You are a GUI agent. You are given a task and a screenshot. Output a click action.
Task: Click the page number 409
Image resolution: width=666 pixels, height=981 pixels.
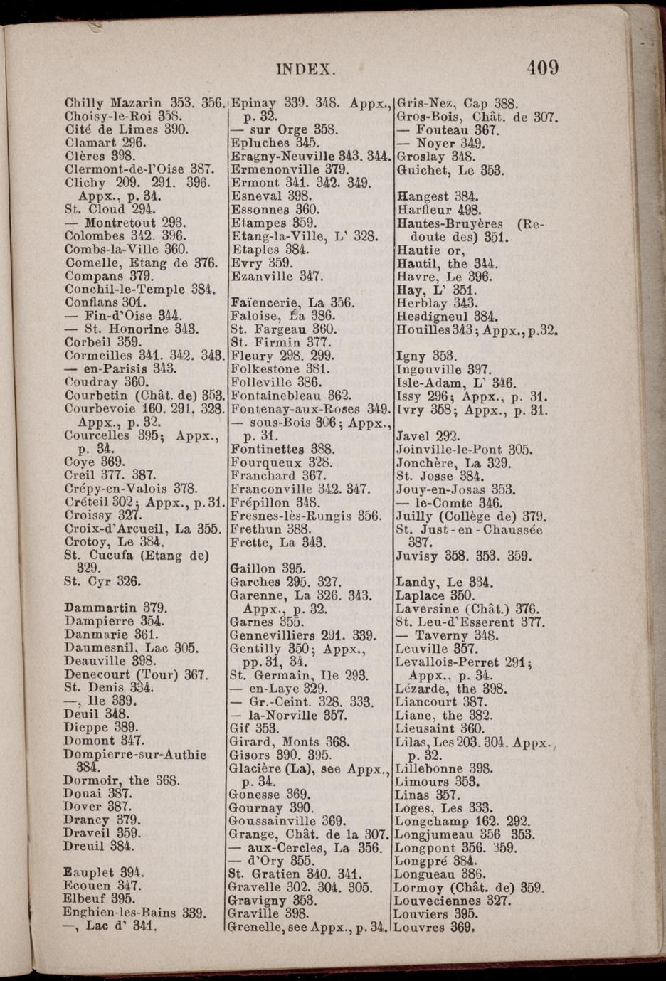[x=543, y=68]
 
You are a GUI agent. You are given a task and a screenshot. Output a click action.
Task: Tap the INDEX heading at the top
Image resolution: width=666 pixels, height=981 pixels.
[x=305, y=69]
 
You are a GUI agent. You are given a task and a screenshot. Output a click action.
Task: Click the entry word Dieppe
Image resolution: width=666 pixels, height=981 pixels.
[x=86, y=727]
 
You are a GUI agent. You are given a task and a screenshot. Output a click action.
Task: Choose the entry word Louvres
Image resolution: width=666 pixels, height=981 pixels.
[x=419, y=928]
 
